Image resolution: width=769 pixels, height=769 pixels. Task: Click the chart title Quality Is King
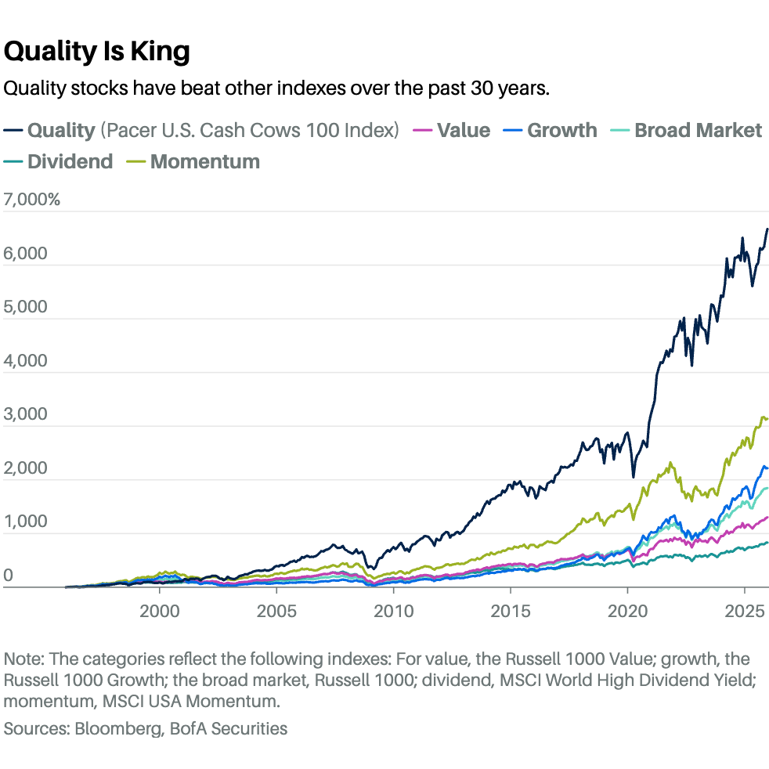[97, 52]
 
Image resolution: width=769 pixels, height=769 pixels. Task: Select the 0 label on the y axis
[9, 576]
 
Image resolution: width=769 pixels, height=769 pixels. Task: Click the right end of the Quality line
[767, 229]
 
